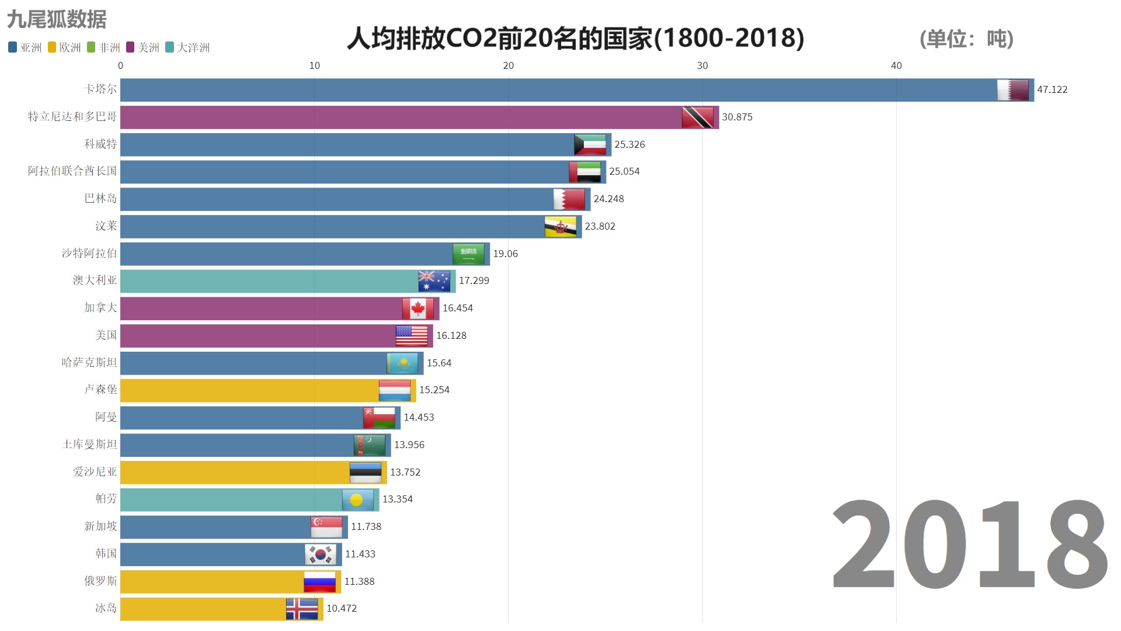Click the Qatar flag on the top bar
[x=1012, y=90]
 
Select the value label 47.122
[x=1052, y=89]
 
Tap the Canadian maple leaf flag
[x=417, y=308]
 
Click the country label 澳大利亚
[x=95, y=280]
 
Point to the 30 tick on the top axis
[x=702, y=65]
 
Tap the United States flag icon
[x=412, y=336]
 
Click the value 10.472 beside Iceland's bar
[x=342, y=608]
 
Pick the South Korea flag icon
[x=320, y=554]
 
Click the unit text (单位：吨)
[x=966, y=39]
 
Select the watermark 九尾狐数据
[x=57, y=19]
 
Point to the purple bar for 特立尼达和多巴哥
[x=397, y=117]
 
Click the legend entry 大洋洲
[x=187, y=47]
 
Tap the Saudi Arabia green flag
[x=468, y=254]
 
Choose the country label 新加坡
[x=100, y=526]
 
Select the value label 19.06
[x=505, y=254]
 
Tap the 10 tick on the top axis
[x=314, y=65]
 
